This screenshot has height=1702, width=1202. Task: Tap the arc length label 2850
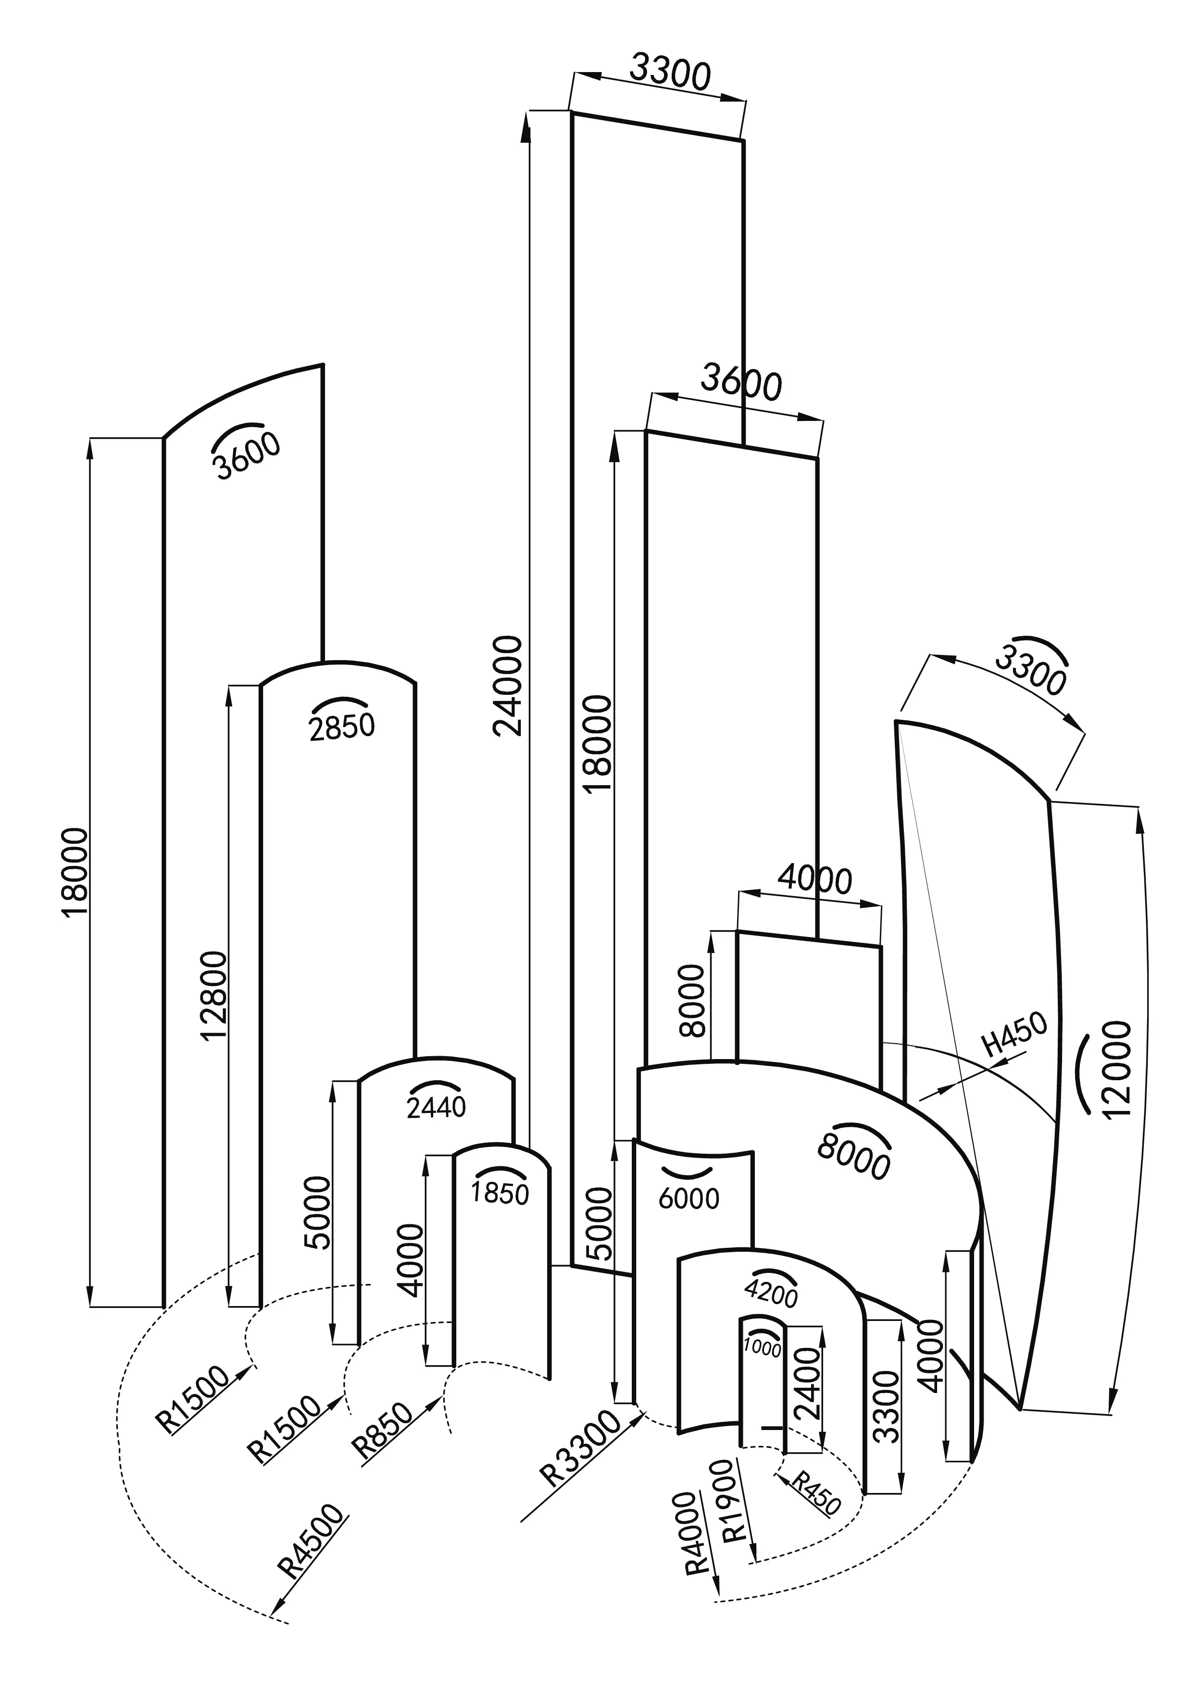[342, 727]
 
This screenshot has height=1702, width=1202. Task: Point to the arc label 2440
[437, 1107]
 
